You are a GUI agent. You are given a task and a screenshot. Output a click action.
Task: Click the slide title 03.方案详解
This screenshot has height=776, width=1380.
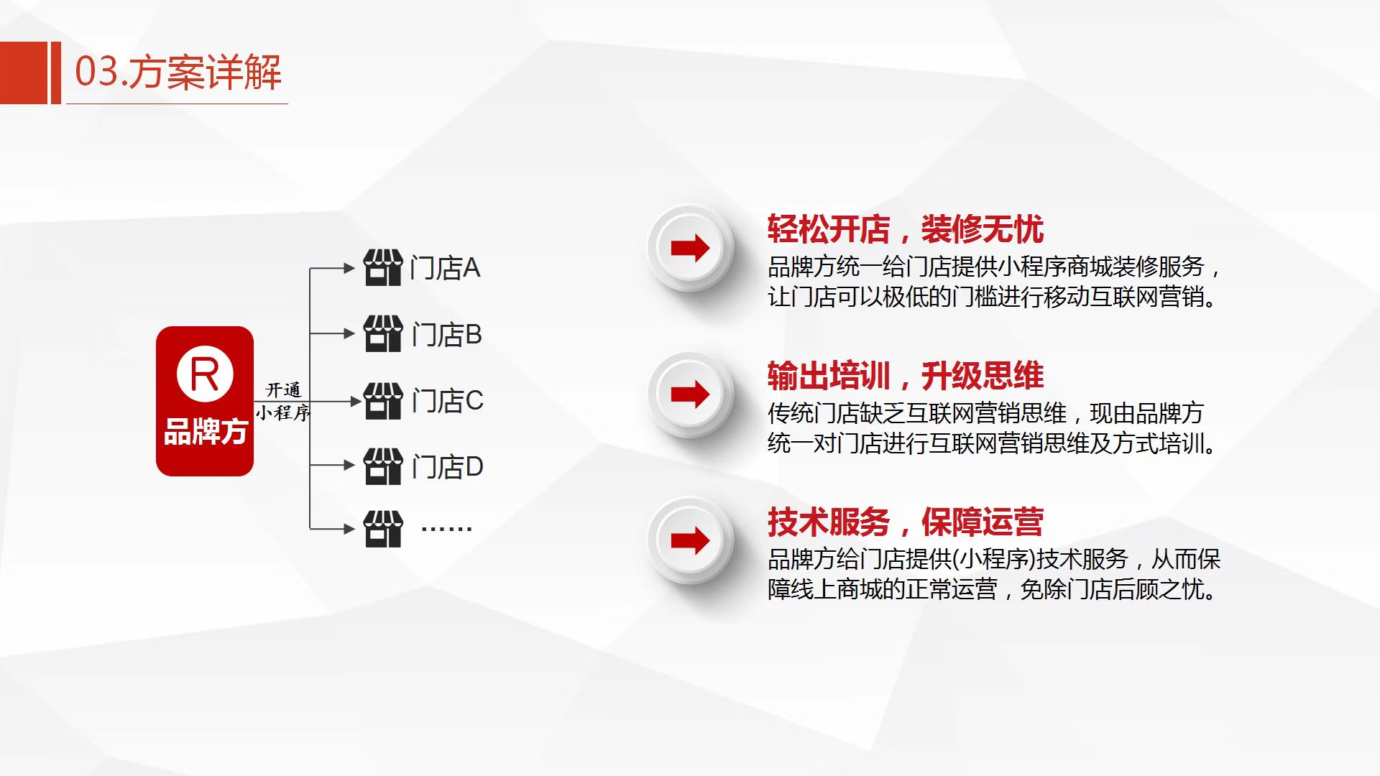tap(178, 73)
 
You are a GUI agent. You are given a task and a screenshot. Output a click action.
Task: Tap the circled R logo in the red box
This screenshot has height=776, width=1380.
tap(205, 374)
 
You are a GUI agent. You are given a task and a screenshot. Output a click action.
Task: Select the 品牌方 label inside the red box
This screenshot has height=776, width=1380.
tap(206, 432)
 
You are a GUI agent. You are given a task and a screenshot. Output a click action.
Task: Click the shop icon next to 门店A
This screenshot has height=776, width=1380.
tap(383, 268)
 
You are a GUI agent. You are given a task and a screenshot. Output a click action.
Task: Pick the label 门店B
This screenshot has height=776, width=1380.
tap(446, 335)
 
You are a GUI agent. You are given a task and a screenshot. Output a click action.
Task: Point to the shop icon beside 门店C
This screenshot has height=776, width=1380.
tap(383, 401)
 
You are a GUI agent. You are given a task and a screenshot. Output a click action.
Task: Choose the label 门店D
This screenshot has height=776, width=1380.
tap(447, 467)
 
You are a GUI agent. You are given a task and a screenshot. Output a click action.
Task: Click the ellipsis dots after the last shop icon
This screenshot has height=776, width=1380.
tap(446, 529)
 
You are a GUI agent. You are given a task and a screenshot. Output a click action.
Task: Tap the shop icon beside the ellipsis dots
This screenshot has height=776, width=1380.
tap(383, 530)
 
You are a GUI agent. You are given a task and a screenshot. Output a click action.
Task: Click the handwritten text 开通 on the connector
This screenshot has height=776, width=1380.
tap(283, 389)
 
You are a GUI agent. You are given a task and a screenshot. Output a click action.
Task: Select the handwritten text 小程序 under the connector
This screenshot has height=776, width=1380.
tap(283, 412)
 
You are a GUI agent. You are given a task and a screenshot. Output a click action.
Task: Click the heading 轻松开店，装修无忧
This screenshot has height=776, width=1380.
tap(906, 229)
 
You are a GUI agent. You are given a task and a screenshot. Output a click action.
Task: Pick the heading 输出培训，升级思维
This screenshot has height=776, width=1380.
tap(906, 376)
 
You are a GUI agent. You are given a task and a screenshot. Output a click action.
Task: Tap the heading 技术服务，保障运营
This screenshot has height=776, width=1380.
tap(906, 522)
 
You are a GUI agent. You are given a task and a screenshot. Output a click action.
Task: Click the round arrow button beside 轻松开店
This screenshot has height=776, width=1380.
tap(690, 248)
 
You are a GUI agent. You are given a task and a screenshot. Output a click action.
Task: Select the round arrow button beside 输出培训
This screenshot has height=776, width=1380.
tap(690, 394)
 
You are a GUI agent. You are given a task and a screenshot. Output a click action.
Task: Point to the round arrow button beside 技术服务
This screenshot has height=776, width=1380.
tap(690, 540)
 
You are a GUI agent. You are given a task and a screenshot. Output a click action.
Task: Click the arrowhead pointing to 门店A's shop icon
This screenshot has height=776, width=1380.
tap(350, 268)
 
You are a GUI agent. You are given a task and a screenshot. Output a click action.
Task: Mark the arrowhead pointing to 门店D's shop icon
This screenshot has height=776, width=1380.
tap(350, 465)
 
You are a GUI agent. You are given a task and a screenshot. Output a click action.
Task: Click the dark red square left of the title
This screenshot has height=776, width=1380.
tap(24, 73)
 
